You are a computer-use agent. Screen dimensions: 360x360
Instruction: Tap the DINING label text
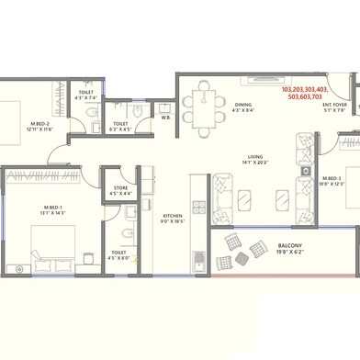point(243,104)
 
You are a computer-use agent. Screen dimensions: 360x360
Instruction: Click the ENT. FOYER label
point(334,106)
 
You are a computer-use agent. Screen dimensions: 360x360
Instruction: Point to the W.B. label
point(165,118)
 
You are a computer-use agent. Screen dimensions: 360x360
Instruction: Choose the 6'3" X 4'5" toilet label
point(121,129)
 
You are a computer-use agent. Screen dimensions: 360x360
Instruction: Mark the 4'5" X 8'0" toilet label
point(119,258)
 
